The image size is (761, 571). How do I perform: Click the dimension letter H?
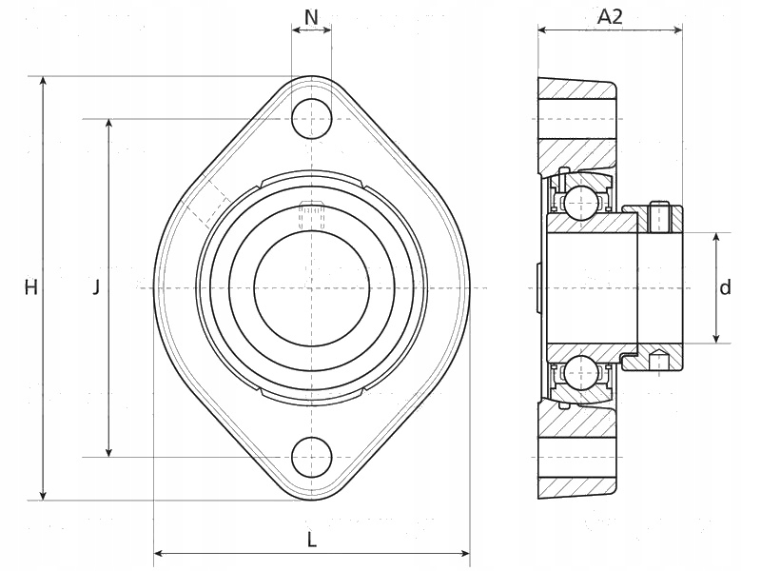tap(31, 288)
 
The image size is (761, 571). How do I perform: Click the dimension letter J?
tap(97, 287)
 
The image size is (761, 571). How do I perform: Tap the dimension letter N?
tap(311, 17)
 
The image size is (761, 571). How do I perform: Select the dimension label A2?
tap(610, 17)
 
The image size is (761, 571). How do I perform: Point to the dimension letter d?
tap(725, 287)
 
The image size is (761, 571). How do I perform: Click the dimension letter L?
tap(312, 540)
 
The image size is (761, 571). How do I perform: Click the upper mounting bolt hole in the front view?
tap(312, 119)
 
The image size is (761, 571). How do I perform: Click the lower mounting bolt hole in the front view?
tap(312, 458)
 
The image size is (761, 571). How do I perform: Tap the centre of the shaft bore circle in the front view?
tap(312, 288)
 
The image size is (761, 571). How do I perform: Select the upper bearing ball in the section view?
tap(580, 203)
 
